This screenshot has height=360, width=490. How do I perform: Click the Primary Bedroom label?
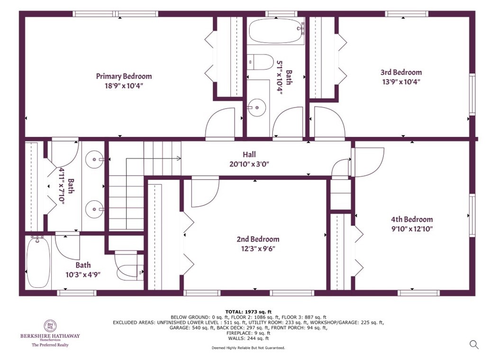point(124,76)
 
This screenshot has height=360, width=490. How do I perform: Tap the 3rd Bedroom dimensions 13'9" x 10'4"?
point(400,81)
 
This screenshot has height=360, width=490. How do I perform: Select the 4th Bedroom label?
point(411,219)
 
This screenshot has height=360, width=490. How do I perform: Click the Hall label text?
point(249,154)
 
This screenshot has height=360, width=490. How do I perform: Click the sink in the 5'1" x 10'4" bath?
point(256,108)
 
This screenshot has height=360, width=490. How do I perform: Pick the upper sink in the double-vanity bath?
point(95,160)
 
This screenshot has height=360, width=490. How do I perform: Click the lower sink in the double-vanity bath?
point(95,207)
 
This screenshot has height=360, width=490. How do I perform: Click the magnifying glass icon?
point(473,344)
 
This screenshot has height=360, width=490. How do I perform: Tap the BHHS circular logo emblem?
point(50,326)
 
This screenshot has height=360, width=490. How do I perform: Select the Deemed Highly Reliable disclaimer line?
point(248,348)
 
